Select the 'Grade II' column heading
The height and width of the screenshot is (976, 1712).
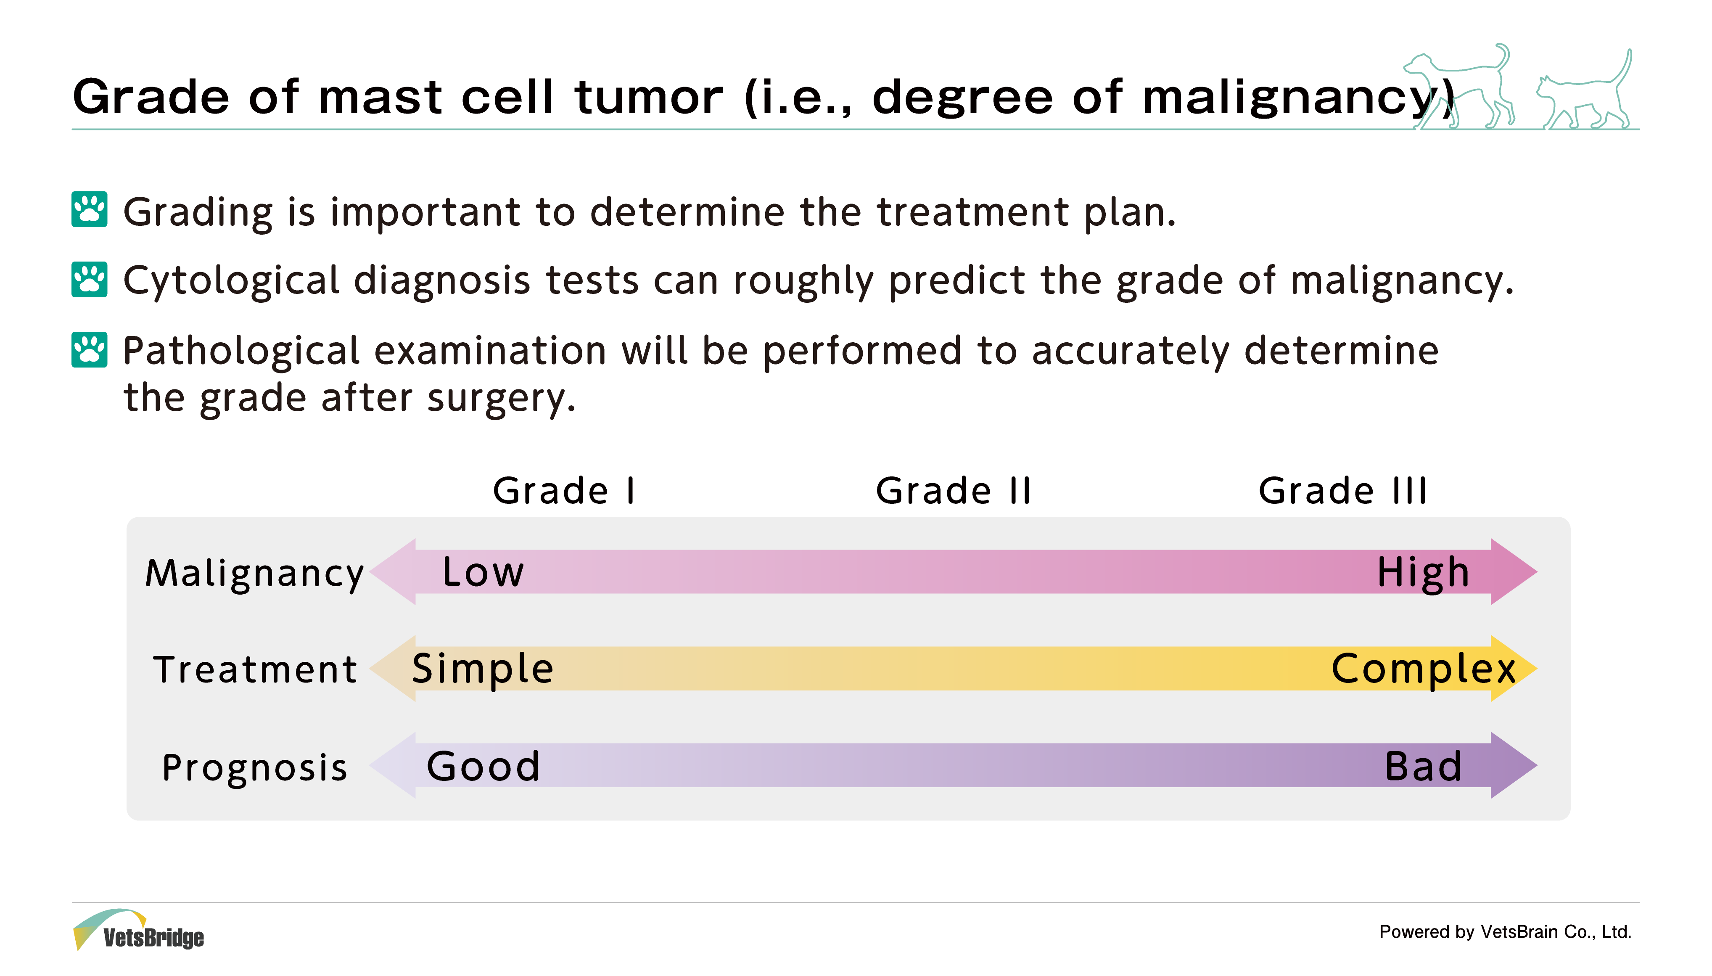(954, 491)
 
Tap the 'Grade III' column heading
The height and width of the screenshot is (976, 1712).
(1343, 491)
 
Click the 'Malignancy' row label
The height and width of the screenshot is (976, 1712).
(255, 574)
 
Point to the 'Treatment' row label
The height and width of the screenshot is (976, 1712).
(255, 669)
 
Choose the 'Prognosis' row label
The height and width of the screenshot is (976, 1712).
(255, 767)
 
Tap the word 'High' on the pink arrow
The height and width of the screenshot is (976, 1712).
(1423, 573)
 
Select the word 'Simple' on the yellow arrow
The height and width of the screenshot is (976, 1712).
(482, 669)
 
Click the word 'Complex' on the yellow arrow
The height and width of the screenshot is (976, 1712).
(1423, 669)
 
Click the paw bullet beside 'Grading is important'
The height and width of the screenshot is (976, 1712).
(89, 210)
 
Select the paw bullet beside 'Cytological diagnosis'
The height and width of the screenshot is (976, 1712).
(89, 279)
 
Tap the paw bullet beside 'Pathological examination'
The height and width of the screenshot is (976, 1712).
(89, 349)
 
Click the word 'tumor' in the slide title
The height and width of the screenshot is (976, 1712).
(649, 97)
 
